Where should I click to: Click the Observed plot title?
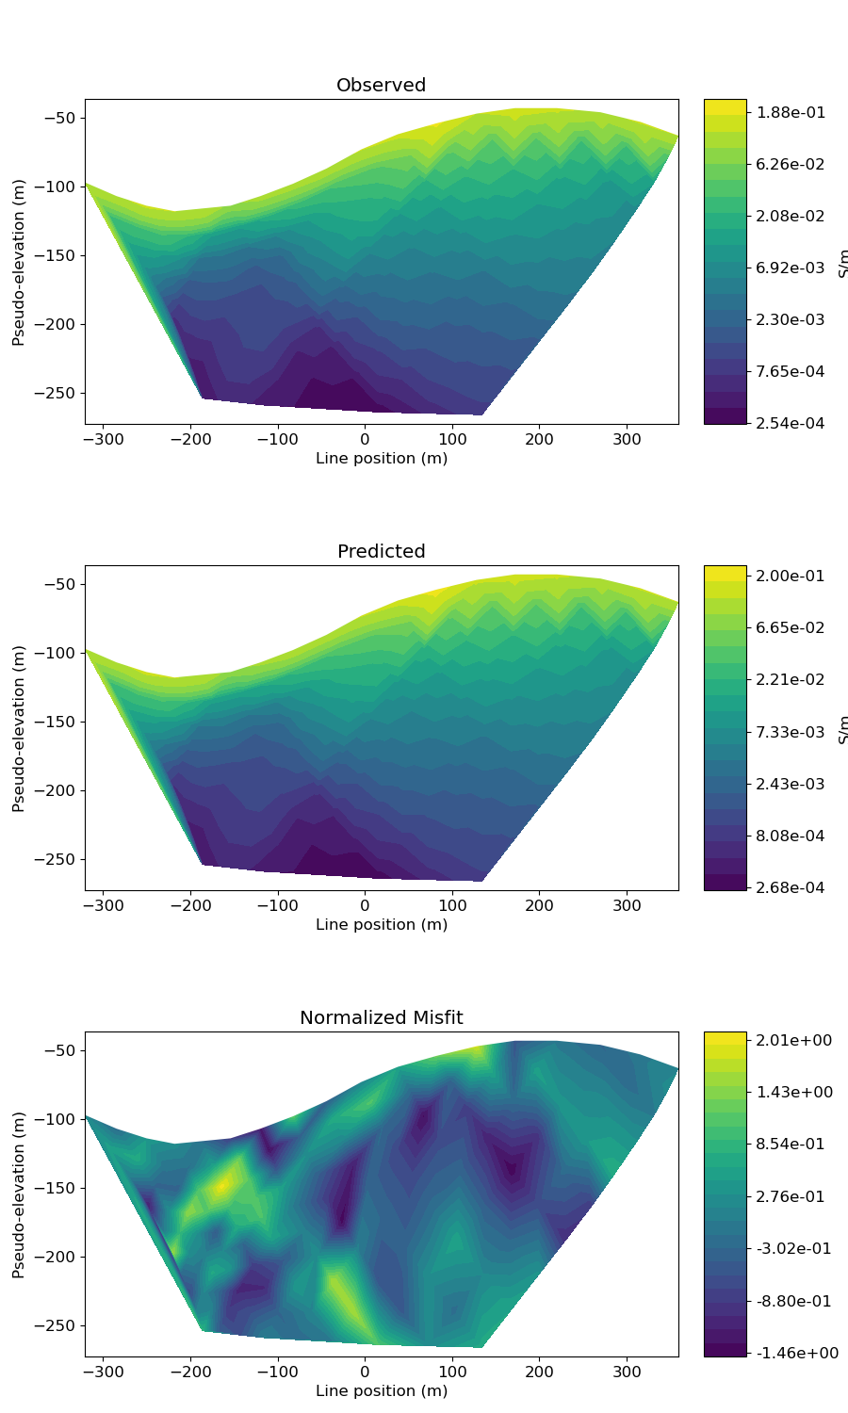(381, 86)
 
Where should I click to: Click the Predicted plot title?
(381, 552)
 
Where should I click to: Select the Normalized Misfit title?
(381, 1018)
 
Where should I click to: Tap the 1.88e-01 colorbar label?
(791, 113)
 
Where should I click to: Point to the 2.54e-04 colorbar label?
(791, 424)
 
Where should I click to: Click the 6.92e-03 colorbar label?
(791, 268)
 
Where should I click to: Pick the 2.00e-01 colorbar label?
(791, 577)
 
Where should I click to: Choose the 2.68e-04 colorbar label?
(791, 888)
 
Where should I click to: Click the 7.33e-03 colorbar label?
(791, 733)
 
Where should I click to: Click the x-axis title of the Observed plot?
(381, 459)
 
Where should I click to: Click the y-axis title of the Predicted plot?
(19, 728)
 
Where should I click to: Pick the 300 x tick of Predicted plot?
(627, 906)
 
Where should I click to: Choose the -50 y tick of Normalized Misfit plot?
(60, 1050)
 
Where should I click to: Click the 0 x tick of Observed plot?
(365, 440)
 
